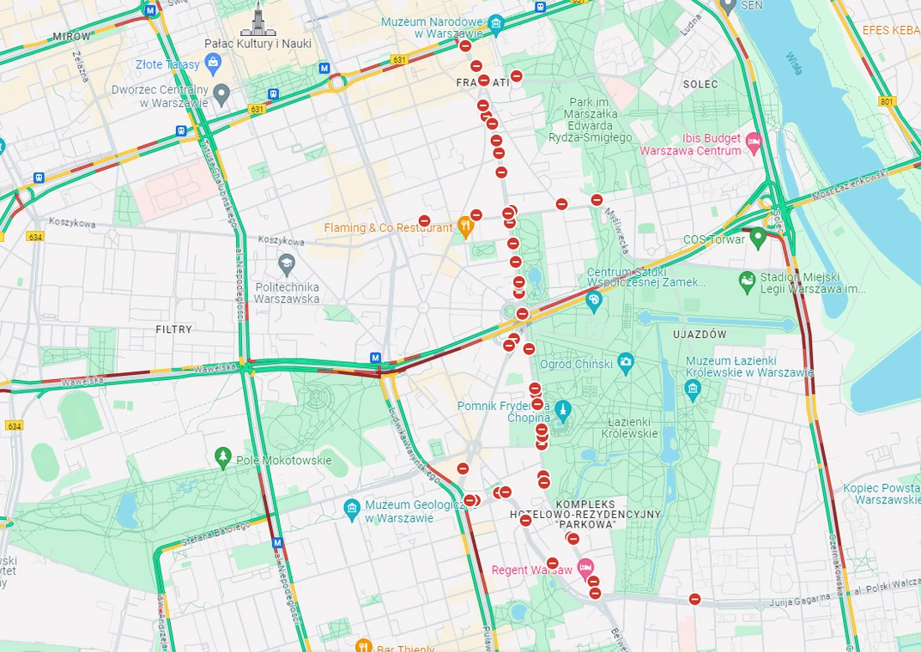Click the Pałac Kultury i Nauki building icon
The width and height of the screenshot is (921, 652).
tap(258, 19)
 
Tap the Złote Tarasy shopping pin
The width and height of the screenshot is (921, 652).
tap(214, 63)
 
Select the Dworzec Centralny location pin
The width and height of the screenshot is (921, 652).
tap(221, 93)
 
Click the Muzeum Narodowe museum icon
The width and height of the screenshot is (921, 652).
tap(495, 23)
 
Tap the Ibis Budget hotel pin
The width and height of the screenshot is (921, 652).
tap(754, 141)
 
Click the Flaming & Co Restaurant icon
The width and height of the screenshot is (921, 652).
tap(465, 227)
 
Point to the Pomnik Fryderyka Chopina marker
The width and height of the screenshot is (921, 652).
tap(562, 409)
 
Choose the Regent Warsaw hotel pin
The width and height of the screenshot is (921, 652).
tap(585, 568)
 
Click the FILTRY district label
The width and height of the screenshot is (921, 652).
tap(174, 329)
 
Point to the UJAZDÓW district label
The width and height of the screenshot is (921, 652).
tap(700, 334)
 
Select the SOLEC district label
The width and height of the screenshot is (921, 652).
tap(700, 84)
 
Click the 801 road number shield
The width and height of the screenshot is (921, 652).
tap(887, 102)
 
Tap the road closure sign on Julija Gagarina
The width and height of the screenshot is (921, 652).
tap(694, 599)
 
